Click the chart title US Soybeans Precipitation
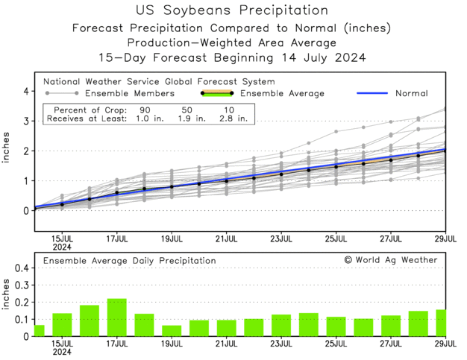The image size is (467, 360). tap(233, 10)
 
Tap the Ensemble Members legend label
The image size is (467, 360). tap(129, 93)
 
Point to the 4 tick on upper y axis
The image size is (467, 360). tap(25, 91)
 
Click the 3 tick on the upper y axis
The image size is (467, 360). tap(25, 121)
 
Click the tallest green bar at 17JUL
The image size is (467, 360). tap(116, 318)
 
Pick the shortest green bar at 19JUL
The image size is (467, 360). tap(172, 331)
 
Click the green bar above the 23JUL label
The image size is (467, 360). tap(281, 326)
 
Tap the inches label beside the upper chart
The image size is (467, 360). tap(8, 150)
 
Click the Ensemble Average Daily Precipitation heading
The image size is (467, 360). tap(129, 261)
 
